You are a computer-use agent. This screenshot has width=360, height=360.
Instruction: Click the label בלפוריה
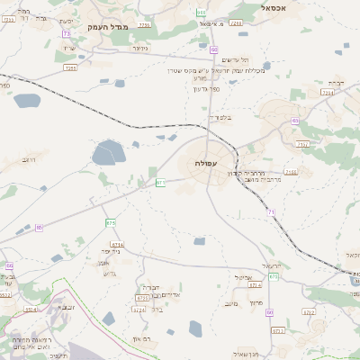(221, 118)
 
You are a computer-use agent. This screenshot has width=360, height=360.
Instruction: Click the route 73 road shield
(67, 33)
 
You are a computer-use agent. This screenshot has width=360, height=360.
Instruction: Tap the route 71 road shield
(271, 211)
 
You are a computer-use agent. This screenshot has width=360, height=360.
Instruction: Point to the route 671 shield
(160, 183)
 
